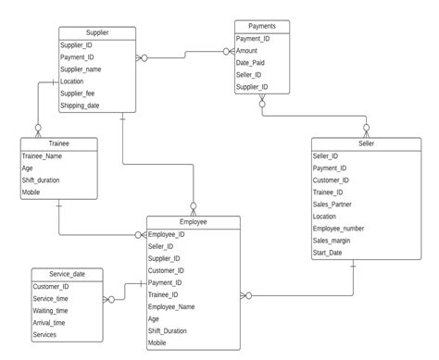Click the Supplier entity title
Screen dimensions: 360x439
pyautogui.click(x=97, y=32)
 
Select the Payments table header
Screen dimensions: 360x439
pyautogui.click(x=261, y=26)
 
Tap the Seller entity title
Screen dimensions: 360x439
pyautogui.click(x=354, y=143)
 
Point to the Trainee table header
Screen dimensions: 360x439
pyautogui.click(x=57, y=143)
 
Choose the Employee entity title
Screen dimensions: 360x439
pyautogui.click(x=193, y=223)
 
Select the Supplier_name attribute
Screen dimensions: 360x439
pyautogui.click(x=81, y=69)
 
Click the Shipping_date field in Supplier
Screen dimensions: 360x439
pyautogui.click(x=80, y=106)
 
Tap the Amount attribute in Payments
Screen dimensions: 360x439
pyautogui.click(x=247, y=51)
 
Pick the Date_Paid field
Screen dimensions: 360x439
pyautogui.click(x=251, y=63)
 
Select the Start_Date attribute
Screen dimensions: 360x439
pyautogui.click(x=330, y=252)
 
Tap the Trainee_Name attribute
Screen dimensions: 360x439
pyautogui.click(x=43, y=156)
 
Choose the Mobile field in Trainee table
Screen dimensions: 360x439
pyautogui.click(x=31, y=192)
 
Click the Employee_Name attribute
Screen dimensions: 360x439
pyautogui.click(x=171, y=306)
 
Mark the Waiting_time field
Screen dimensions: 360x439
pyautogui.click(x=50, y=311)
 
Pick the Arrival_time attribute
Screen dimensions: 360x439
pyautogui.click(x=49, y=323)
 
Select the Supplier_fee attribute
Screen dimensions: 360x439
pyautogui.click(x=79, y=93)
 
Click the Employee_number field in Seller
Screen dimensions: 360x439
pyautogui.click(x=339, y=228)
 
